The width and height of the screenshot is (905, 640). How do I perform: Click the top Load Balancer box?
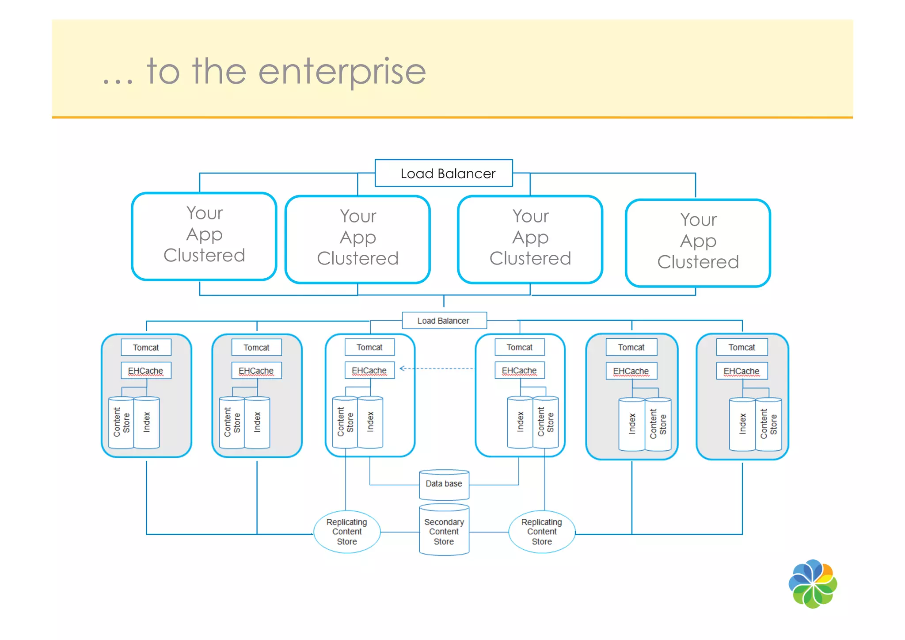point(443,173)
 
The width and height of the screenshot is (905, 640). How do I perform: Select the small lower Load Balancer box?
point(444,321)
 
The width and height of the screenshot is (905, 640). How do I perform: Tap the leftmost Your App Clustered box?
point(204,236)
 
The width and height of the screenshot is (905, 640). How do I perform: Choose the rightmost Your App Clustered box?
point(698,243)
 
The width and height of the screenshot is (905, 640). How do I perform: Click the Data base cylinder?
point(444,484)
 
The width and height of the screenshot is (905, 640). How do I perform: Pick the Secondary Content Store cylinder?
point(444,531)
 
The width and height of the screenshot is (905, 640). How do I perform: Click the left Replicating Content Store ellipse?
point(347,532)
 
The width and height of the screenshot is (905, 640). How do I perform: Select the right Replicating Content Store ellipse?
point(542,532)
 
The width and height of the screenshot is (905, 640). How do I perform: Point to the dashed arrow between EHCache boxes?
point(437,368)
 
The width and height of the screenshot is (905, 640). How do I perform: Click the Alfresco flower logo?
point(812,584)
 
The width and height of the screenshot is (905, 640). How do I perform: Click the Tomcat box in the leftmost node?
point(146,348)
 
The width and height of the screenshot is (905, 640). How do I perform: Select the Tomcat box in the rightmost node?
point(741,348)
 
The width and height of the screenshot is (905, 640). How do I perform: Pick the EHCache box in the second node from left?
point(256,371)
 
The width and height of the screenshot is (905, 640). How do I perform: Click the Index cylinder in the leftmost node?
point(147,422)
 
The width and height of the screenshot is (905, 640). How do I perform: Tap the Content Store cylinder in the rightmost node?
point(769,424)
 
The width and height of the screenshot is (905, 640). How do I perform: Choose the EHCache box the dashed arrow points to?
point(369,370)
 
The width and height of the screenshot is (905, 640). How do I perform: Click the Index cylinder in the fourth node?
point(520,422)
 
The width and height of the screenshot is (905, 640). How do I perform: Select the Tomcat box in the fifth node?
point(631,348)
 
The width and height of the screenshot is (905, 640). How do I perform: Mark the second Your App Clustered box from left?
point(357,239)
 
